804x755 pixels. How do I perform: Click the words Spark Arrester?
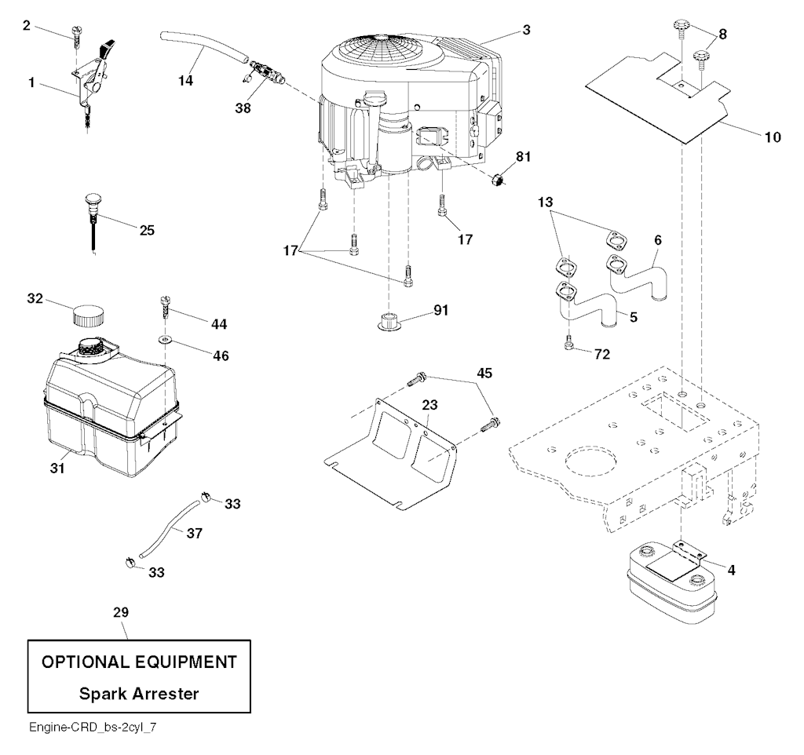(139, 694)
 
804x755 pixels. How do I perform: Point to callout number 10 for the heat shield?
(773, 137)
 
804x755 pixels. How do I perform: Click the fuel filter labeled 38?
(265, 75)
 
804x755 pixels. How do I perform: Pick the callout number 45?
(485, 373)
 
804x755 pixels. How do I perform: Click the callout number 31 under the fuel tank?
(57, 469)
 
